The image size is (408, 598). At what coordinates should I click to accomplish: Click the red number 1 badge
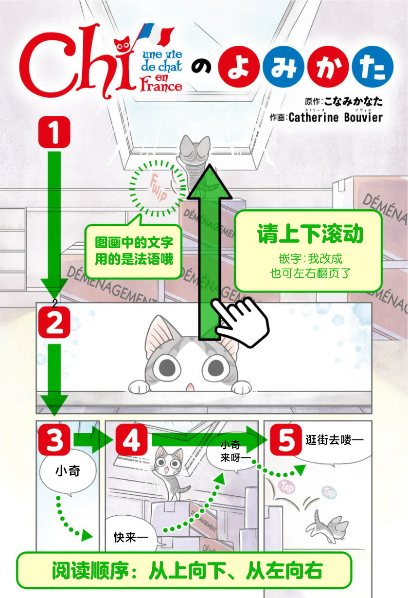(54, 132)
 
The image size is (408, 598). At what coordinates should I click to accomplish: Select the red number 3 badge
(55, 441)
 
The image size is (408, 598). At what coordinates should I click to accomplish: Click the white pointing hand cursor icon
(239, 321)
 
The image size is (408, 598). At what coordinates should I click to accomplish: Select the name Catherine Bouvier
(336, 117)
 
